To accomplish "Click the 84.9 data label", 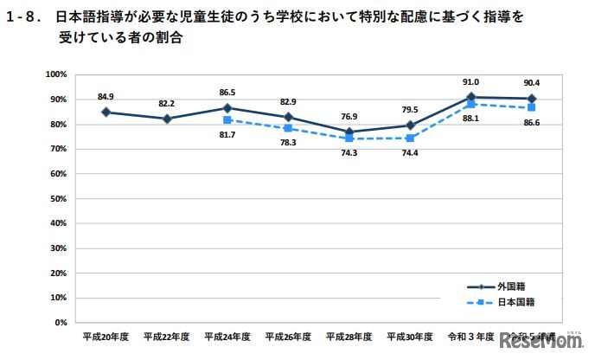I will tap(105, 96).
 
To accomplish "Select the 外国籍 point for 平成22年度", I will tap(167, 119).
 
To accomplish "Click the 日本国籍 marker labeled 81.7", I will tap(227, 120).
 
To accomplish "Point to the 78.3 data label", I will tap(288, 143).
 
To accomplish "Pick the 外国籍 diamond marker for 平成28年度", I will tap(349, 132).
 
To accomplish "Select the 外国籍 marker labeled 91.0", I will tap(470, 97).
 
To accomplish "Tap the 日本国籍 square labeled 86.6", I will tap(531, 107).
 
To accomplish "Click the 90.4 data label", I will tap(531, 85).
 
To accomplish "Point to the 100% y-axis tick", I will tap(56, 74).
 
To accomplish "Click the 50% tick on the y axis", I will tap(58, 198).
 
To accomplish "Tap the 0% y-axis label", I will tap(61, 322).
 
